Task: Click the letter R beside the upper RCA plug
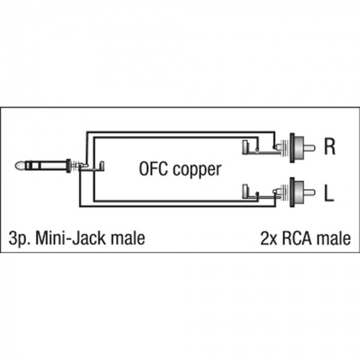[330, 146]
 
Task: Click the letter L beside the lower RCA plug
[329, 193]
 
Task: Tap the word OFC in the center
[154, 169]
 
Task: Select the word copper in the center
[197, 170]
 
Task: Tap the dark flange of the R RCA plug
[292, 148]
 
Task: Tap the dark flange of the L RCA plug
[292, 192]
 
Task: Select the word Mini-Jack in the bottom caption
[70, 238]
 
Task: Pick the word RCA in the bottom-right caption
[297, 238]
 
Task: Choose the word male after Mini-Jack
[128, 238]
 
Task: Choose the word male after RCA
[333, 238]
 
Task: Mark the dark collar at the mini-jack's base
[68, 166]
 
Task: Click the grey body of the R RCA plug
[299, 148]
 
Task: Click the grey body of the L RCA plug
[299, 192]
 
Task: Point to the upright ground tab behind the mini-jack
[102, 166]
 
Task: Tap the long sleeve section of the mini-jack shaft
[53, 166]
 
